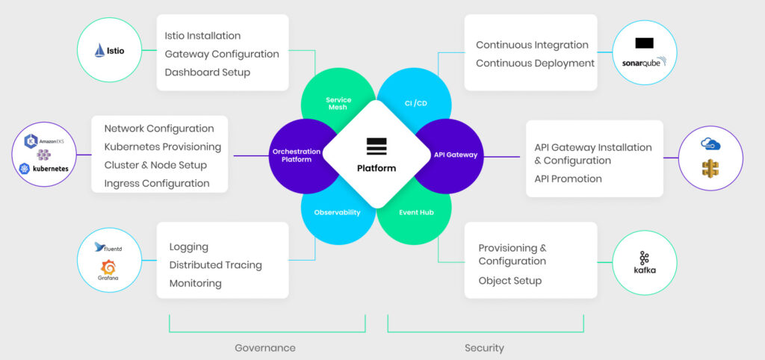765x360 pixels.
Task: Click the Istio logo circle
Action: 110,51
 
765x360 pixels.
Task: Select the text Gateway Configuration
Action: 222,54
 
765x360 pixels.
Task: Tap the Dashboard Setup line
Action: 208,72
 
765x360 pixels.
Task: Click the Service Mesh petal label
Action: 338,103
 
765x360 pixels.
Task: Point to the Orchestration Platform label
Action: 297,155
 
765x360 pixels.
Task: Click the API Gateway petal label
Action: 455,155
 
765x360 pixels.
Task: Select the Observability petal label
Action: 338,212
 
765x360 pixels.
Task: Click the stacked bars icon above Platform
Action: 377,146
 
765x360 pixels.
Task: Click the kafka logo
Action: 644,262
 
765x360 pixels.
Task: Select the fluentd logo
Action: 109,248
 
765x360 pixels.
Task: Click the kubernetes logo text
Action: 46,169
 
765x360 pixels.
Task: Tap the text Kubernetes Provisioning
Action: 163,147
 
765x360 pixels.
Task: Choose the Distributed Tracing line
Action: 215,265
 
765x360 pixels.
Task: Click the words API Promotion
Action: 568,179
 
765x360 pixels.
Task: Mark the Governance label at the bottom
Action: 265,348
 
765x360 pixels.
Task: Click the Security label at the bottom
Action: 484,348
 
